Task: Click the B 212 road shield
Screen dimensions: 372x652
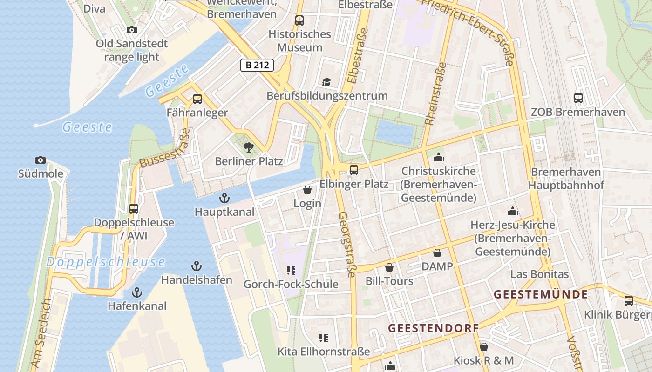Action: [x=257, y=65]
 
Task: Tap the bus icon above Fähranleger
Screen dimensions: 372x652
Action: [x=197, y=99]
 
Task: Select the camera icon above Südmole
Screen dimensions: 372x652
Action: [x=41, y=160]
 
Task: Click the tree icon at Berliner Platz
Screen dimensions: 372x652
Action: [x=249, y=147]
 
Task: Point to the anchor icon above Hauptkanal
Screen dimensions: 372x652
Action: [x=224, y=198]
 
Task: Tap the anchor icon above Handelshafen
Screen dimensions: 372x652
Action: [x=197, y=266]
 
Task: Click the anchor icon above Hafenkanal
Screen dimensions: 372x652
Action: [x=137, y=292]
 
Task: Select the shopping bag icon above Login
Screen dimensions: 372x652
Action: [x=307, y=190]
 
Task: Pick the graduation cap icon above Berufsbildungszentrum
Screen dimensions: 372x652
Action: [x=327, y=82]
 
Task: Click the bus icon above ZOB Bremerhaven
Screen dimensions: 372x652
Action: [x=578, y=98]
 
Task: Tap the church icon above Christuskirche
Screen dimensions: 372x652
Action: [x=439, y=157]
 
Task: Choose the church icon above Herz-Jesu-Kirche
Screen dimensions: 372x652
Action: [x=513, y=211]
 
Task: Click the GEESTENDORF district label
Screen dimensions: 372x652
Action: [x=433, y=328]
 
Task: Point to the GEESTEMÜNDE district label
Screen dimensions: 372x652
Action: [x=540, y=294]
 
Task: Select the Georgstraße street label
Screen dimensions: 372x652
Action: [x=347, y=245]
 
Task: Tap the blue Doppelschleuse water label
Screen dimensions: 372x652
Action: [x=105, y=262]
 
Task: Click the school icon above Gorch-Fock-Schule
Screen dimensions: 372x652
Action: [x=291, y=271]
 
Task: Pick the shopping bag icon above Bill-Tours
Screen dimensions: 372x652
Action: [x=389, y=267]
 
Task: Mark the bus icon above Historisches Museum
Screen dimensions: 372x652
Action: [x=299, y=20]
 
